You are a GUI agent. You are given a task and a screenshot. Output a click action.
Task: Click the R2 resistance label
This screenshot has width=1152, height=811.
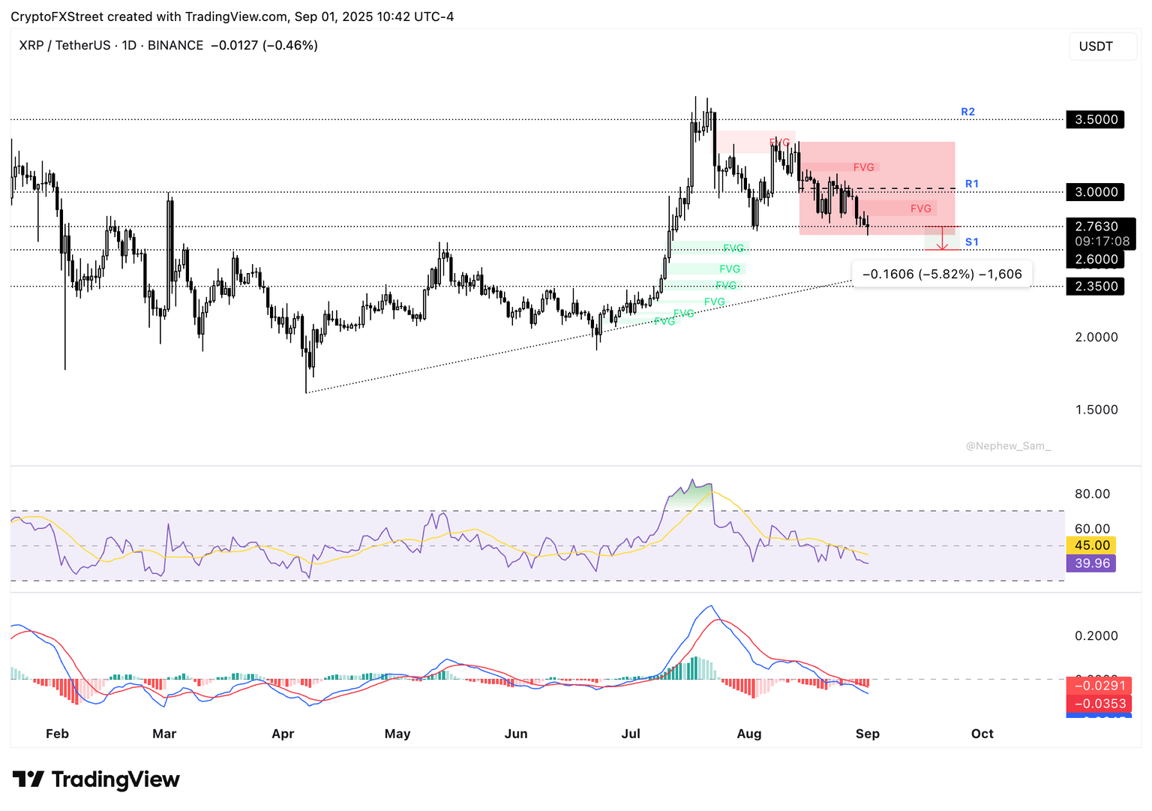[967, 112]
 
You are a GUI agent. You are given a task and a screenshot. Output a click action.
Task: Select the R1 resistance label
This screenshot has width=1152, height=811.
[971, 184]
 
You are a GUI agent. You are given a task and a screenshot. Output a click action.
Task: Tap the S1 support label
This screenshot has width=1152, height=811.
[971, 242]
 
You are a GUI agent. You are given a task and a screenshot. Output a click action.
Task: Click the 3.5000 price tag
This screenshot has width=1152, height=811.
[1096, 119]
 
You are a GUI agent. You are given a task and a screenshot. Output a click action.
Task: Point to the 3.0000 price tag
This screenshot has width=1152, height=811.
[1096, 192]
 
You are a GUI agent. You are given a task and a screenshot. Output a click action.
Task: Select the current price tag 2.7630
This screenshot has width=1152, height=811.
[1096, 227]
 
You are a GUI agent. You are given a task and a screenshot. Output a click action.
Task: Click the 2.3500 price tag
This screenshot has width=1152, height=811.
[1096, 286]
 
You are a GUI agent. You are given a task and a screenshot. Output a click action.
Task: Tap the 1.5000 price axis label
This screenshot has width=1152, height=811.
[1096, 410]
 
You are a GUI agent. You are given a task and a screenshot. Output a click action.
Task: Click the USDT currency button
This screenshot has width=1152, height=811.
[1096, 47]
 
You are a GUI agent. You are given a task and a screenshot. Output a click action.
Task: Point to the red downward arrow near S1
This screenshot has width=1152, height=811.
[943, 239]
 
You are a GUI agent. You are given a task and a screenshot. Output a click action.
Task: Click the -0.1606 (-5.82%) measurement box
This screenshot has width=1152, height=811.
[942, 274]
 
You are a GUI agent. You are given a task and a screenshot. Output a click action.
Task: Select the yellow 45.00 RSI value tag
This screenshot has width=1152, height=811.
[1091, 545]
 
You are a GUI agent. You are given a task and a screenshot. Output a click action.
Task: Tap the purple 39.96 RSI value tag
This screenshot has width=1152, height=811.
[1091, 563]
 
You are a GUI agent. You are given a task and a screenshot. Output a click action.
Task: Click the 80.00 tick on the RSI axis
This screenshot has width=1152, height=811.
[1091, 494]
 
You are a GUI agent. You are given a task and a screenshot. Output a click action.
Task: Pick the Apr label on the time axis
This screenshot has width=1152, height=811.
[283, 734]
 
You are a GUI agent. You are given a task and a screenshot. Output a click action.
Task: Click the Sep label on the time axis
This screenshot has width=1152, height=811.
[867, 734]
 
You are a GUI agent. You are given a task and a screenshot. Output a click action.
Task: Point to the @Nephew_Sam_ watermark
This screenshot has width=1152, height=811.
[1008, 446]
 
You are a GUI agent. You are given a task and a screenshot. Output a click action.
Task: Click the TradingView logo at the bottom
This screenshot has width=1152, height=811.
[96, 779]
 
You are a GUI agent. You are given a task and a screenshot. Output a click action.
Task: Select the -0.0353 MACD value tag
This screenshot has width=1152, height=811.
[1099, 704]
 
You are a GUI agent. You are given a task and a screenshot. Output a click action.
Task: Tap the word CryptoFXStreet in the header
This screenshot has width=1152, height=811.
[57, 17]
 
